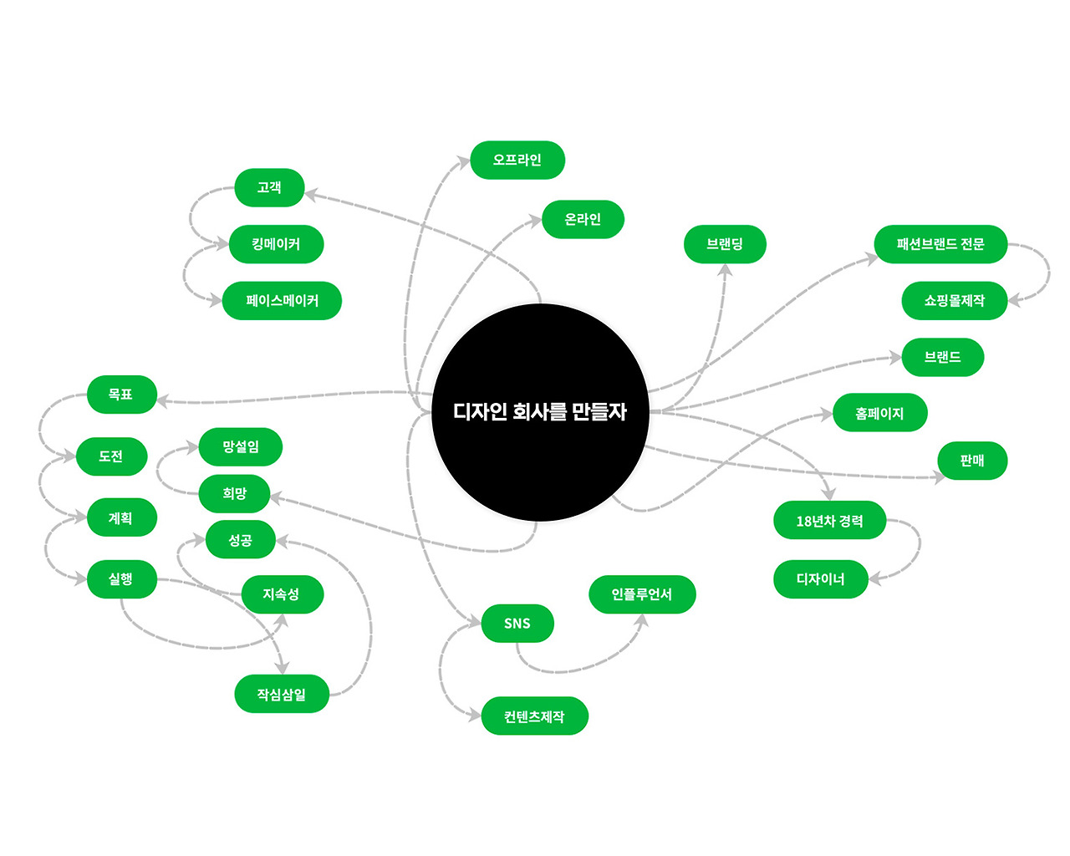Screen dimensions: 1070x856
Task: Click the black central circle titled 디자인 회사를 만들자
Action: click(x=540, y=412)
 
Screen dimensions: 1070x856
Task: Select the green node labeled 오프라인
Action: click(x=517, y=160)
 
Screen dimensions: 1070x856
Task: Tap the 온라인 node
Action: click(x=583, y=219)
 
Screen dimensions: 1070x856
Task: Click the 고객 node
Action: click(x=269, y=187)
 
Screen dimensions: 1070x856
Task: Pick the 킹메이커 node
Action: click(x=276, y=244)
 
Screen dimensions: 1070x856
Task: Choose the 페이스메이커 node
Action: click(x=282, y=301)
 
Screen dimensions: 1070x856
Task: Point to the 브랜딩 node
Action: click(x=725, y=244)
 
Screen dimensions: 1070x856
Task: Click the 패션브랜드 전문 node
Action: click(x=940, y=244)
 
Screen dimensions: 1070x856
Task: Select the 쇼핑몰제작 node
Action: click(x=954, y=301)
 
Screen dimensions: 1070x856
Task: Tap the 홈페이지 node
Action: click(x=879, y=413)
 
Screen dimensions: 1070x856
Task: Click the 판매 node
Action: click(x=972, y=461)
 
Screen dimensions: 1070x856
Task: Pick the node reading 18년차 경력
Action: click(x=829, y=521)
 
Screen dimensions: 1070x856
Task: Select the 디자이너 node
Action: click(x=820, y=579)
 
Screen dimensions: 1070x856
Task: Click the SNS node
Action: click(x=517, y=624)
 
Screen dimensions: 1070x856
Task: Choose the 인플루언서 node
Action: click(x=642, y=594)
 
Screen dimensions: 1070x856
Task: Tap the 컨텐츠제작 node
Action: click(x=534, y=716)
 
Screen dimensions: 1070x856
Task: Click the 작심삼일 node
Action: click(x=282, y=695)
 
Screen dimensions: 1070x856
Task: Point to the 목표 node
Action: click(x=121, y=395)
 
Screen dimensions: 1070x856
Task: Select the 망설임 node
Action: click(x=241, y=447)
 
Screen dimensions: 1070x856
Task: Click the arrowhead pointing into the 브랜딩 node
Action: click(x=725, y=271)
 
